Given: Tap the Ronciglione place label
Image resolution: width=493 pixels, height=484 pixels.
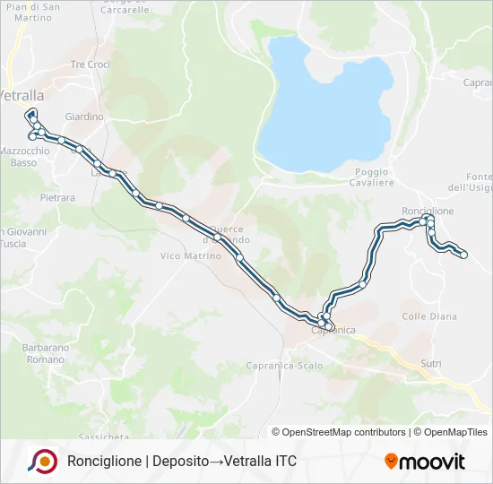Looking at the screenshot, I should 428,211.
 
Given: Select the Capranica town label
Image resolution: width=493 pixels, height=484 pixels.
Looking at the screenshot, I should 333,331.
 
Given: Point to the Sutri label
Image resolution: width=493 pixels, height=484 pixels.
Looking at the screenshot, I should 431,363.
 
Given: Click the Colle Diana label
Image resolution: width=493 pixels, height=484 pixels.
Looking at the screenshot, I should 429,316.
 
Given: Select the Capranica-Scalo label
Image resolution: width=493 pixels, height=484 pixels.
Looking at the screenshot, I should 284,366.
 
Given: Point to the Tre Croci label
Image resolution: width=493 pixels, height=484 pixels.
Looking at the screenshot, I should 90,65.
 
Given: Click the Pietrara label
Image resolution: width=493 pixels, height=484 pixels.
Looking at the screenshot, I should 56,195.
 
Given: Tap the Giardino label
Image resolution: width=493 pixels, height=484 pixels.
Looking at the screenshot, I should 84,117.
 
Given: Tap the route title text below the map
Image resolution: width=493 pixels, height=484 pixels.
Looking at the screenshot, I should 181,462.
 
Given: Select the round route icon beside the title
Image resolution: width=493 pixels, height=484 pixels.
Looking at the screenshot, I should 41,462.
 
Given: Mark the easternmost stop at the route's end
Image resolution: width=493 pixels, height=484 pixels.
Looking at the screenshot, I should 464,255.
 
